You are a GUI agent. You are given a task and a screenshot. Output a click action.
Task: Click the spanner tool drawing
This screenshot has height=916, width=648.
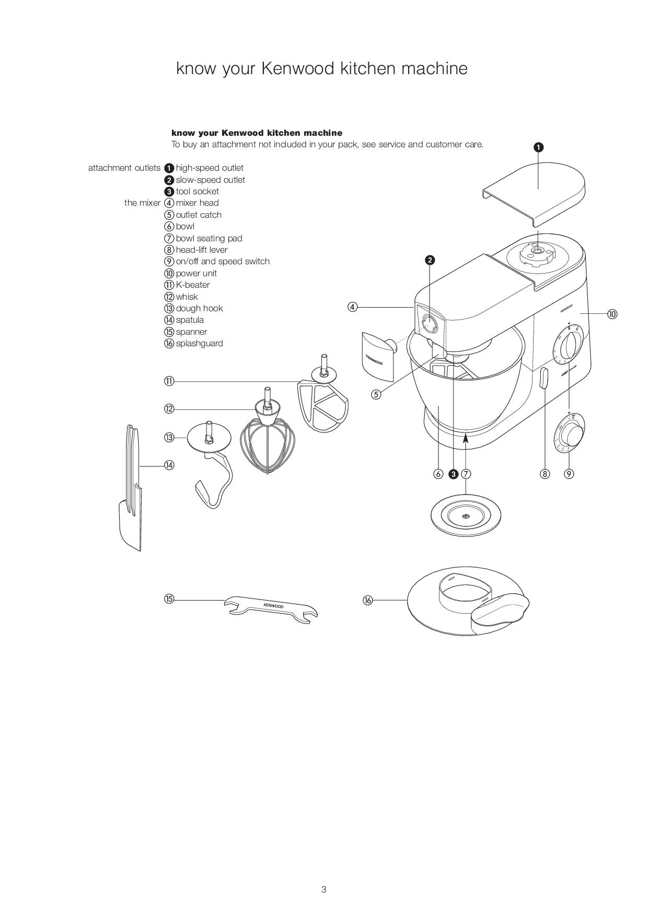point(271,608)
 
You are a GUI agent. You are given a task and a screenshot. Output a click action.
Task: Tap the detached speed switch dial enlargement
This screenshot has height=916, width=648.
point(570,433)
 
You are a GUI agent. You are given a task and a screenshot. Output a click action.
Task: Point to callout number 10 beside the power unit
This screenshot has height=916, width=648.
point(612,314)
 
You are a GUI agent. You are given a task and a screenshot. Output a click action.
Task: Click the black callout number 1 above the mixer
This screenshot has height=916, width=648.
point(538,147)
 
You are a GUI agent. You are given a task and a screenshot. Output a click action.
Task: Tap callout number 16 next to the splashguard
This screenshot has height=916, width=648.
point(368,600)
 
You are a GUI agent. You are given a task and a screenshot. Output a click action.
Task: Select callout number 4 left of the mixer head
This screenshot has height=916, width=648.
point(353,307)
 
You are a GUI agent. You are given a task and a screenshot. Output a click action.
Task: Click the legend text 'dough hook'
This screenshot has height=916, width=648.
point(199,308)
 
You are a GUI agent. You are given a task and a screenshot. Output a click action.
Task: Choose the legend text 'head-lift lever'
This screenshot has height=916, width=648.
point(202,250)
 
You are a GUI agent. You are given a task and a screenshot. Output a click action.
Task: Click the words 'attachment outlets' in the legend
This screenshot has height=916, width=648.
point(124,168)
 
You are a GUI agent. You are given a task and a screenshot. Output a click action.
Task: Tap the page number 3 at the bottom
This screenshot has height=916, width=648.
point(324,889)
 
